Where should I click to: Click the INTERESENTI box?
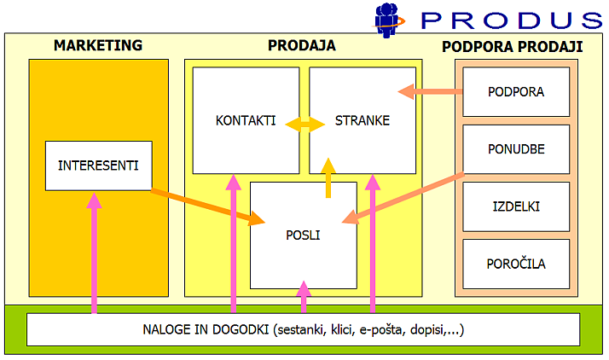click(x=98, y=165)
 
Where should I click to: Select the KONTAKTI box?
click(x=246, y=120)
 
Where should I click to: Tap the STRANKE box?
click(x=362, y=120)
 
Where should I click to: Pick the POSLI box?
click(x=304, y=235)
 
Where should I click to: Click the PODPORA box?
click(x=515, y=91)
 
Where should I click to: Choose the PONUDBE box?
click(x=515, y=149)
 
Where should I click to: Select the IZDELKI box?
click(x=515, y=206)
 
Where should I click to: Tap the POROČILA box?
click(x=515, y=264)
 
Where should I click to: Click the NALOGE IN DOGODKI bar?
click(x=303, y=329)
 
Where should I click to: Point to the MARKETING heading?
click(x=98, y=45)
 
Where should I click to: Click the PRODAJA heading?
click(x=302, y=45)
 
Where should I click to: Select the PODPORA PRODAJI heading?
click(x=513, y=46)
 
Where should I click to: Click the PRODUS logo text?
click(x=512, y=19)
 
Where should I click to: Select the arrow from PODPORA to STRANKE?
click(x=430, y=90)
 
